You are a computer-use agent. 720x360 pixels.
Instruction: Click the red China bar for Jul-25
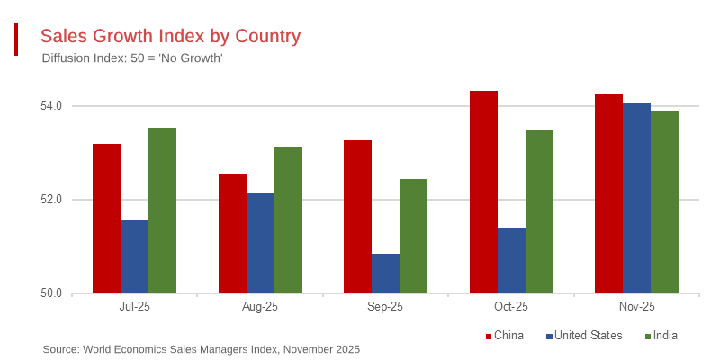tap(106, 219)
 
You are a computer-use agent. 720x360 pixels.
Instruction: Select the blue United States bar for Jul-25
tap(134, 256)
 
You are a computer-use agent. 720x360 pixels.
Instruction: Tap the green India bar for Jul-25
tap(162, 211)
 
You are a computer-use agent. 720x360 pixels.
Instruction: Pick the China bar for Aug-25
tap(232, 233)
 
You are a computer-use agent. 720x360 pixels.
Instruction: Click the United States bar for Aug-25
tap(260, 243)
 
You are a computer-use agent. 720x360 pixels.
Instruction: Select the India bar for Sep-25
tap(413, 236)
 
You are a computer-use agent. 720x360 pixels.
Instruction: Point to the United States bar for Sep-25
tap(385, 274)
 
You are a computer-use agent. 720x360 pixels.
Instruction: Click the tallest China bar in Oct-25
tap(483, 192)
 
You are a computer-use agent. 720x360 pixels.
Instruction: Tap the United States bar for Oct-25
tap(511, 260)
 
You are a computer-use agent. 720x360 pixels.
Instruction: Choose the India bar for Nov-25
tap(664, 202)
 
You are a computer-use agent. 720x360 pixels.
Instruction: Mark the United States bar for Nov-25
tap(636, 198)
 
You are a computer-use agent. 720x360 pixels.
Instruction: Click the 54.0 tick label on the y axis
tap(51, 106)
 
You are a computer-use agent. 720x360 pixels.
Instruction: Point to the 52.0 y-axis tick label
tap(51, 200)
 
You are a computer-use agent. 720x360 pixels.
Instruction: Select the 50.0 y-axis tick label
tap(51, 293)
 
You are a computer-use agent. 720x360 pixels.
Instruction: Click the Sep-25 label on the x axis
tap(386, 308)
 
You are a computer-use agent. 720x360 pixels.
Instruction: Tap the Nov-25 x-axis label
tap(637, 308)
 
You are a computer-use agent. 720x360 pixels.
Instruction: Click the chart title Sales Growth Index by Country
tap(170, 36)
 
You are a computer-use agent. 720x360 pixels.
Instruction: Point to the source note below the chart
tap(201, 349)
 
